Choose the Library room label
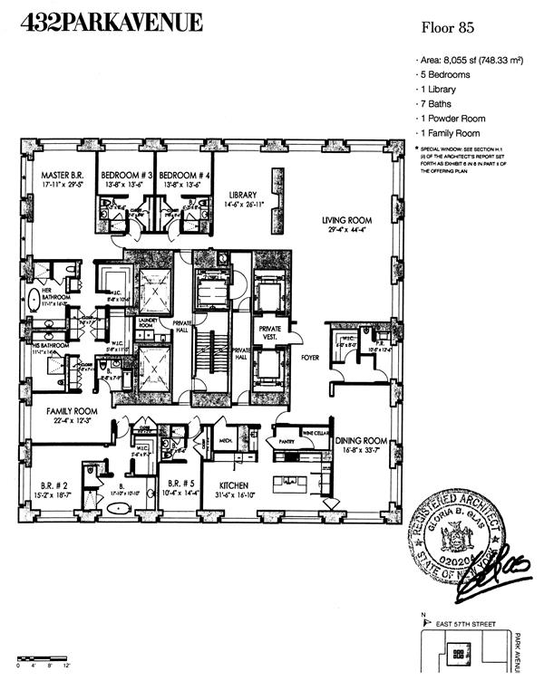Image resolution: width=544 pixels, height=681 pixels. [243, 195]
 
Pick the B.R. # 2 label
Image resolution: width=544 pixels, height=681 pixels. [49, 483]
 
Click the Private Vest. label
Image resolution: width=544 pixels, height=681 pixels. [269, 332]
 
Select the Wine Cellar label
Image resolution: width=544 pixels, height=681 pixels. [314, 433]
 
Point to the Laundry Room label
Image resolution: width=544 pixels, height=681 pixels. [146, 322]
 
